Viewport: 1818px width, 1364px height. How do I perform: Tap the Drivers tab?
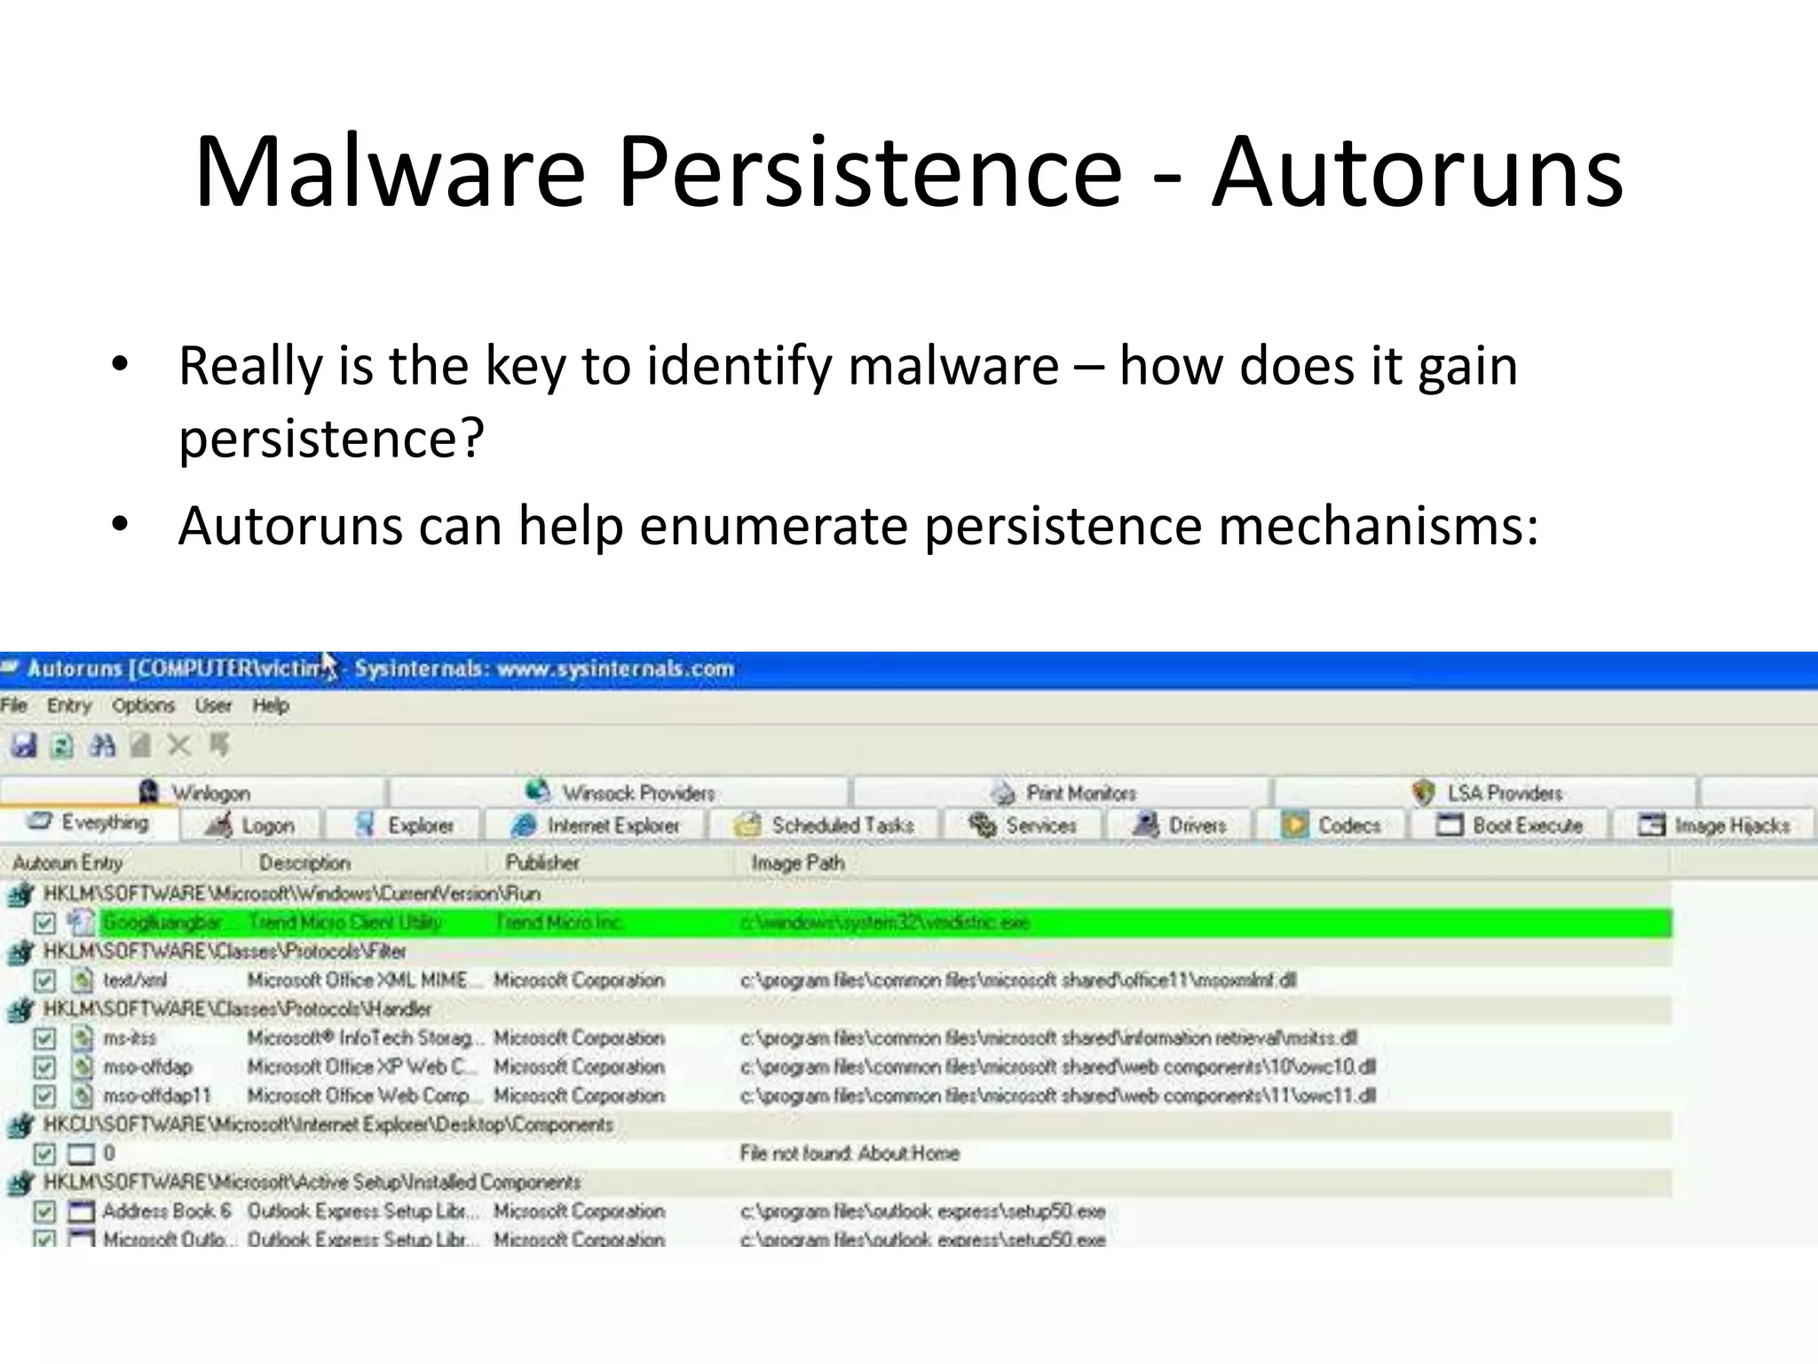tap(1180, 826)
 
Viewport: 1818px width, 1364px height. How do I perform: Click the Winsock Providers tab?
tap(620, 792)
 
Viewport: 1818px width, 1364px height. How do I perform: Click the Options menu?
tap(143, 706)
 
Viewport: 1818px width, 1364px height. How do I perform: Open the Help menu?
tap(271, 706)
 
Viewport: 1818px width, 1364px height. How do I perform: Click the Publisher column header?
tap(542, 862)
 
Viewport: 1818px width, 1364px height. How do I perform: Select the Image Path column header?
tap(797, 862)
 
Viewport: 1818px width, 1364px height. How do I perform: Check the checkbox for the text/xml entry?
tap(44, 980)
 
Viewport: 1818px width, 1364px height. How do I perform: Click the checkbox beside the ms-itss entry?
tap(44, 1038)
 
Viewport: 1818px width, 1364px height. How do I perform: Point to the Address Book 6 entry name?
tap(167, 1211)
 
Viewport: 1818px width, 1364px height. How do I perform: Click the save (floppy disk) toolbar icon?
tap(24, 745)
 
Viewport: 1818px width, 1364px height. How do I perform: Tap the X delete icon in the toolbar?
tap(179, 745)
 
